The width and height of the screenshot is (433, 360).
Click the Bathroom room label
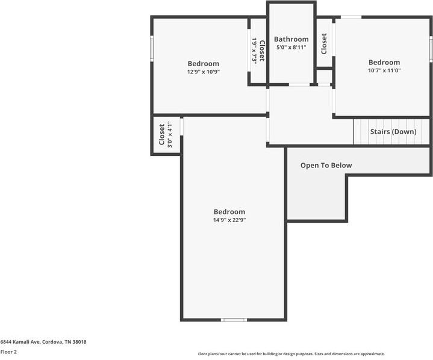pos(291,39)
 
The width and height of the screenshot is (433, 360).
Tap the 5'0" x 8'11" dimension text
pos(291,47)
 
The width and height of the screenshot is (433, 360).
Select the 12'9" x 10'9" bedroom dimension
pos(203,72)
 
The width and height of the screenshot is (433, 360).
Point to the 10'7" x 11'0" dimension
pos(384,70)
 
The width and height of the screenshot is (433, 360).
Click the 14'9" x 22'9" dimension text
pos(229,220)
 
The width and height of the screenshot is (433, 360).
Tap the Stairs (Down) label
pos(393,131)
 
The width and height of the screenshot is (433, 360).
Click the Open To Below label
pos(326,165)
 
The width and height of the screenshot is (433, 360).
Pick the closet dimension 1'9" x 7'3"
pos(255,51)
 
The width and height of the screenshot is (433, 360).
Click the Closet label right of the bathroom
pos(324,43)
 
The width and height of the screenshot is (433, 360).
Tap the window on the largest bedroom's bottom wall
pos(234,320)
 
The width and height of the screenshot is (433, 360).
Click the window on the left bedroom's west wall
pos(152,48)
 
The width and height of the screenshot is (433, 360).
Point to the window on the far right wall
pos(431,48)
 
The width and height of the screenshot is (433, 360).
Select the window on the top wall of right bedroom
pos(351,17)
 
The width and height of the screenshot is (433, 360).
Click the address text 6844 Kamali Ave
pos(43,342)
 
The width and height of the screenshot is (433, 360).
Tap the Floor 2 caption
pos(8,352)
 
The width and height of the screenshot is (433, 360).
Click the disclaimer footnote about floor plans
pos(291,354)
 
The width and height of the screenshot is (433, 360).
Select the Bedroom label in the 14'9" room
pos(229,211)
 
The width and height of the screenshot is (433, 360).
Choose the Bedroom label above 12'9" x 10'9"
pos(203,63)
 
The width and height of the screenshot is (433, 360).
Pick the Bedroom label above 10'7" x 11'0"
pos(384,62)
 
